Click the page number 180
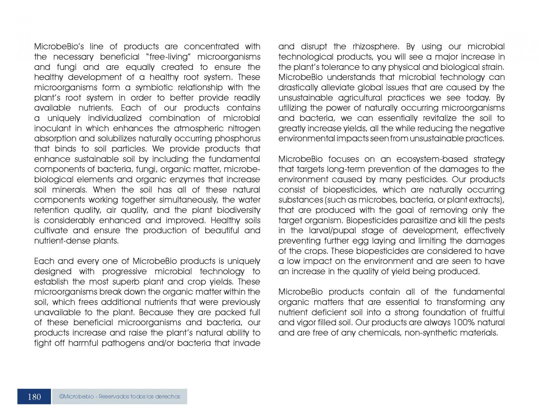coord(34,397)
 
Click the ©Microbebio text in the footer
coord(76,397)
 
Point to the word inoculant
coord(52,128)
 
